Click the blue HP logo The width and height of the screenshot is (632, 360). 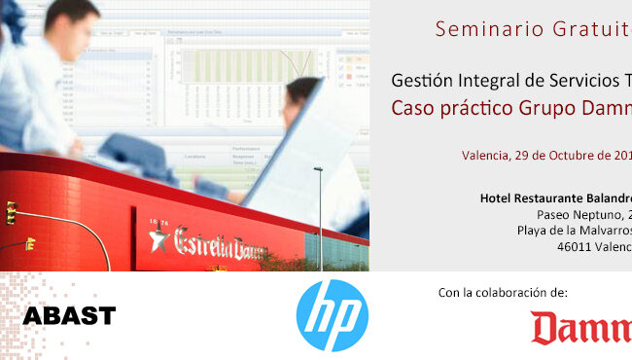332,315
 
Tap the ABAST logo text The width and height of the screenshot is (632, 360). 69,315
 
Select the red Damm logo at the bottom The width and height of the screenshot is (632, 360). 580,328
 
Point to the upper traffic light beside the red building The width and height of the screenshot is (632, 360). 11,212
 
